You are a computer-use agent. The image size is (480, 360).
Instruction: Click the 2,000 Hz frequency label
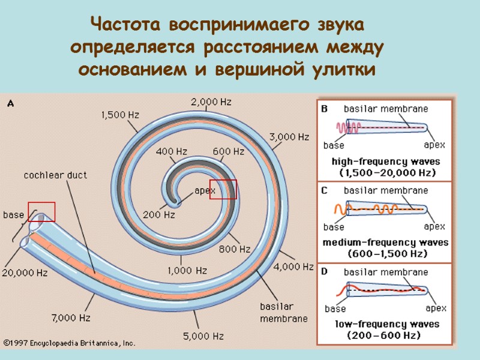click(211, 102)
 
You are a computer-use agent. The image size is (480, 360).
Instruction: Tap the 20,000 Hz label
click(25, 273)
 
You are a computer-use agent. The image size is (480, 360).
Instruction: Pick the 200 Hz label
click(159, 214)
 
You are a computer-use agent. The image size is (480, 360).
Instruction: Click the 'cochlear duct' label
click(55, 175)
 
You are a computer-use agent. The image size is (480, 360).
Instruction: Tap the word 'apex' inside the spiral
click(205, 191)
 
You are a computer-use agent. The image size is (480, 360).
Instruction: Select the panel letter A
click(10, 103)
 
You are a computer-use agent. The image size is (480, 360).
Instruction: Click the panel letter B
click(324, 109)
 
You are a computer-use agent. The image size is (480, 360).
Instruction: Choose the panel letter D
click(324, 271)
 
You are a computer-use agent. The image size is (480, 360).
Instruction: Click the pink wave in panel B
click(344, 128)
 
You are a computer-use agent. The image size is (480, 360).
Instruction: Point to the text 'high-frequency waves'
click(386, 161)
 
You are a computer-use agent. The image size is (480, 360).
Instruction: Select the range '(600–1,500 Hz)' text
click(386, 254)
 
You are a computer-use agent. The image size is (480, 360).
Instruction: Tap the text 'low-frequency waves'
click(386, 324)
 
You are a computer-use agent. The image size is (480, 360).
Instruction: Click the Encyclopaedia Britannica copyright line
click(69, 344)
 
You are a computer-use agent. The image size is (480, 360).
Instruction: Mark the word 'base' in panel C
click(334, 227)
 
